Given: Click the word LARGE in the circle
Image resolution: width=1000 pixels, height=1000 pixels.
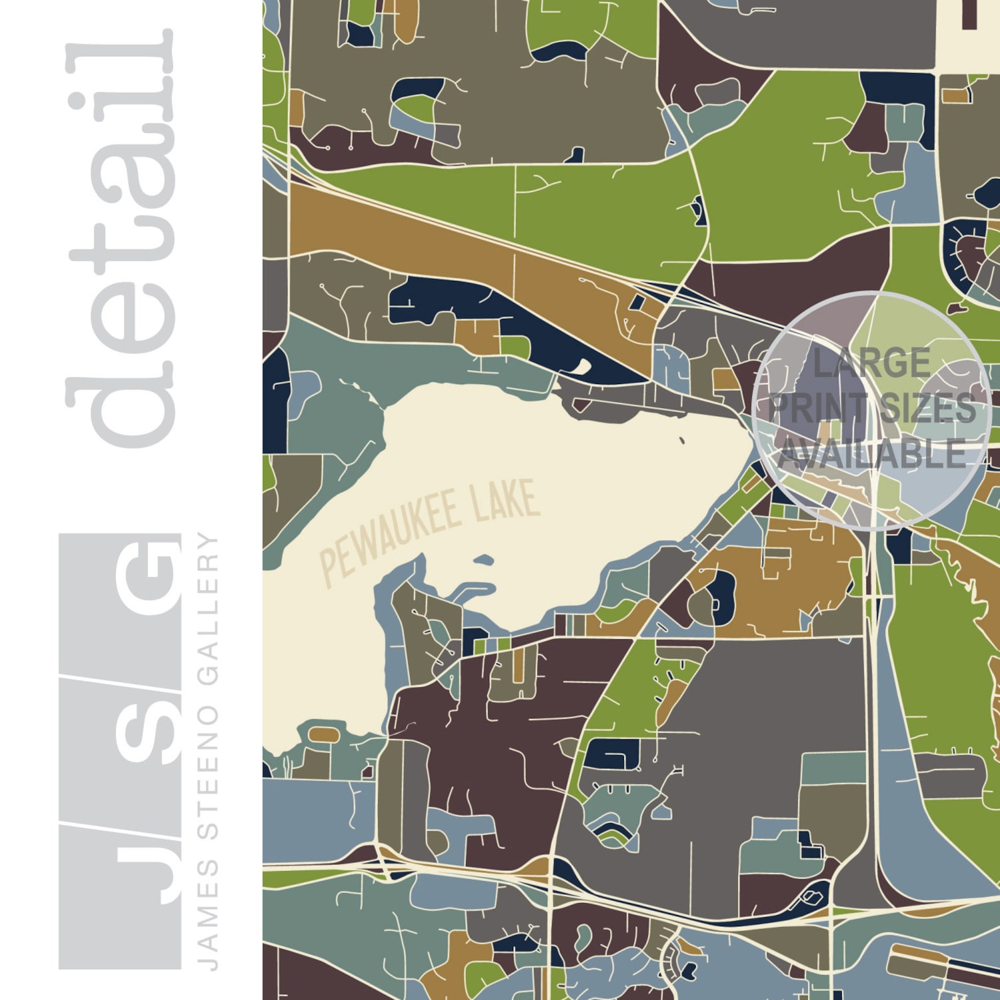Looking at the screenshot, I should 871,363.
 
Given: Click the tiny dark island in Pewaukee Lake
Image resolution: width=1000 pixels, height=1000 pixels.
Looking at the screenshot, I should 682,440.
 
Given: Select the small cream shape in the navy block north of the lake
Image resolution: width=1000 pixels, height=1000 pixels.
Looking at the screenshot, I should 583,366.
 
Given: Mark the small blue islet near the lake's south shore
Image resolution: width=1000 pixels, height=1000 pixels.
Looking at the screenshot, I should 484,560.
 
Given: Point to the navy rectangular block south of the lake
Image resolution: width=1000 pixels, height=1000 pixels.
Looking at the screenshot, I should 611,754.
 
